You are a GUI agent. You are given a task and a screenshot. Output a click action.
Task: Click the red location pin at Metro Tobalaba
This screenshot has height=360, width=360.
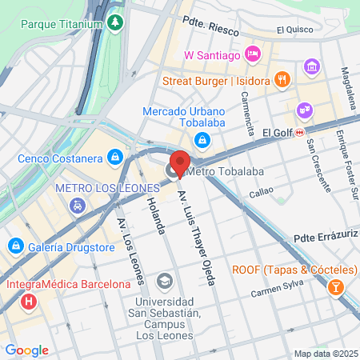pyautogui.click(x=180, y=162)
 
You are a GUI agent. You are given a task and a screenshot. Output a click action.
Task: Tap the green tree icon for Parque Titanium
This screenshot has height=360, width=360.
pyautogui.click(x=116, y=23)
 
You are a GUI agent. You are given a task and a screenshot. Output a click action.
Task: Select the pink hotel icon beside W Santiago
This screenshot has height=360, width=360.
pyautogui.click(x=253, y=54)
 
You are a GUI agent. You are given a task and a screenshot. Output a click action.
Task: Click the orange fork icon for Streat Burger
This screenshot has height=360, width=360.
pyautogui.click(x=281, y=79)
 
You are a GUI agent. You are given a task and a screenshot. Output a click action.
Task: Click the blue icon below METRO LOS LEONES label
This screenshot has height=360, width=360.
pyautogui.click(x=78, y=205)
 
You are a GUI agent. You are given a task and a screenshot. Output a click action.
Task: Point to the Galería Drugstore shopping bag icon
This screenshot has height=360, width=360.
pyautogui.click(x=15, y=245)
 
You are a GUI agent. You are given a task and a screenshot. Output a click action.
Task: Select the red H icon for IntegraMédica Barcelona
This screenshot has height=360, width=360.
pyautogui.click(x=30, y=302)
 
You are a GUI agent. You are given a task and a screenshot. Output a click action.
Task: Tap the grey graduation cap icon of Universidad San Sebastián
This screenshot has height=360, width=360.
pyautogui.click(x=164, y=280)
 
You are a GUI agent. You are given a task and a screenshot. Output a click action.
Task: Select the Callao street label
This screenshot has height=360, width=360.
pyautogui.click(x=262, y=193)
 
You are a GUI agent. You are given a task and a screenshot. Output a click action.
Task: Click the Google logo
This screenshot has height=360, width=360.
pyautogui.click(x=26, y=350)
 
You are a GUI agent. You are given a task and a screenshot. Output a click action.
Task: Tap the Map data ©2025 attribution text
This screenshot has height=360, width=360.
pyautogui.click(x=326, y=354)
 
